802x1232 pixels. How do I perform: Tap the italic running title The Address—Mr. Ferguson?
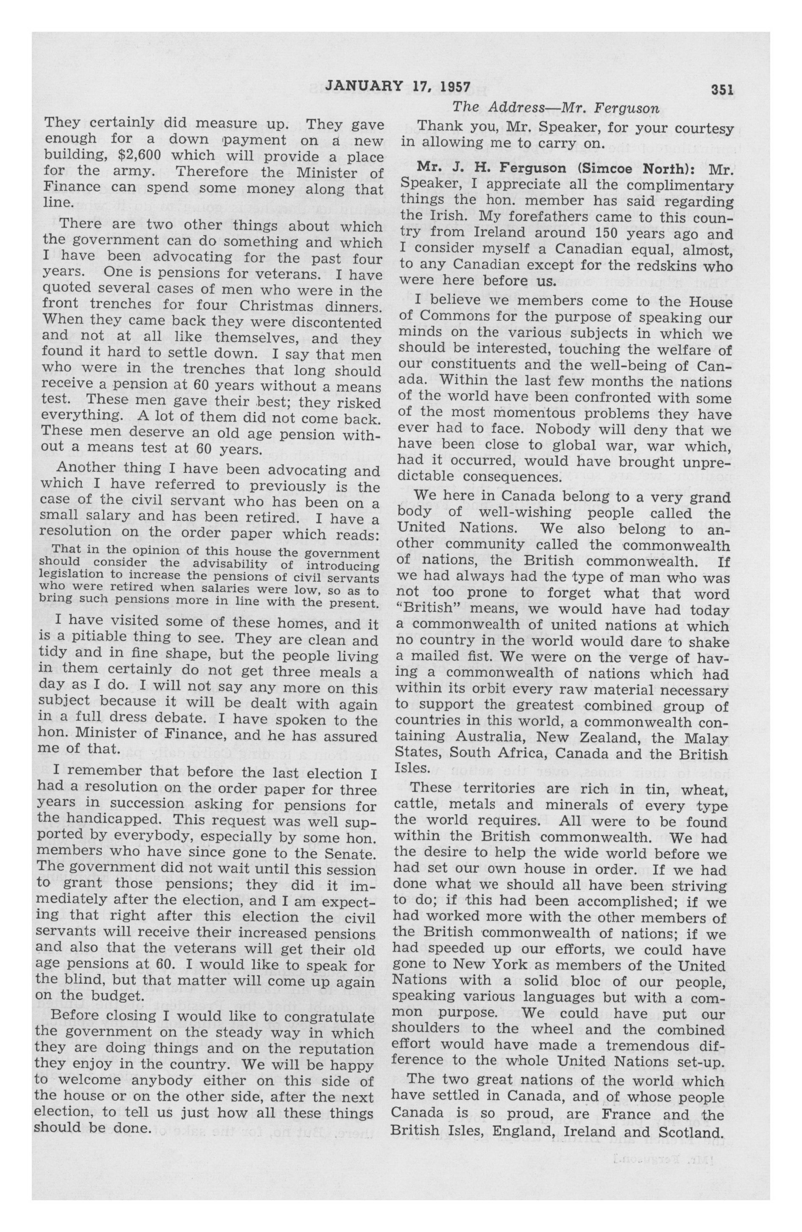pos(555,108)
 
